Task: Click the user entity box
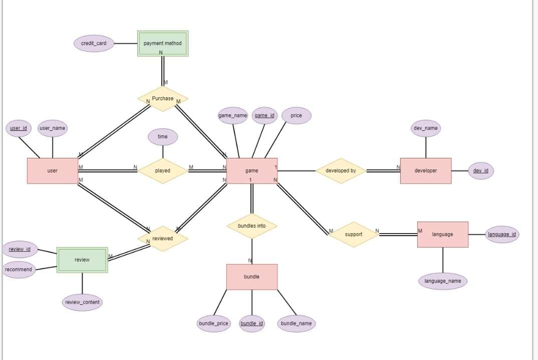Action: point(52,171)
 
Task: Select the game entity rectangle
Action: point(251,171)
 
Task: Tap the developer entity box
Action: point(425,171)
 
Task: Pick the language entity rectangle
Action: point(442,235)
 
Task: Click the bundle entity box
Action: point(251,277)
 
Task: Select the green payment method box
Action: point(163,44)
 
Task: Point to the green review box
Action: point(82,260)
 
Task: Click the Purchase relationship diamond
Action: point(163,99)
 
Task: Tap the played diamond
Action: point(163,171)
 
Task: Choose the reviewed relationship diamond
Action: point(163,239)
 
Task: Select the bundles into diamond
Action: point(251,226)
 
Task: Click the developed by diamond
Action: point(341,171)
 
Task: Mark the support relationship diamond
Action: point(353,235)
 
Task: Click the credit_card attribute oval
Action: point(94,44)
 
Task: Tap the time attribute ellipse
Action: point(163,137)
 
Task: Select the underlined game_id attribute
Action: point(264,116)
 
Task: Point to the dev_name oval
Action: point(426,128)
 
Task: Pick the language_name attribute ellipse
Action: point(442,281)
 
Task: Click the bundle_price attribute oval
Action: point(213,324)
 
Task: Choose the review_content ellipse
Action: point(83,302)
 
